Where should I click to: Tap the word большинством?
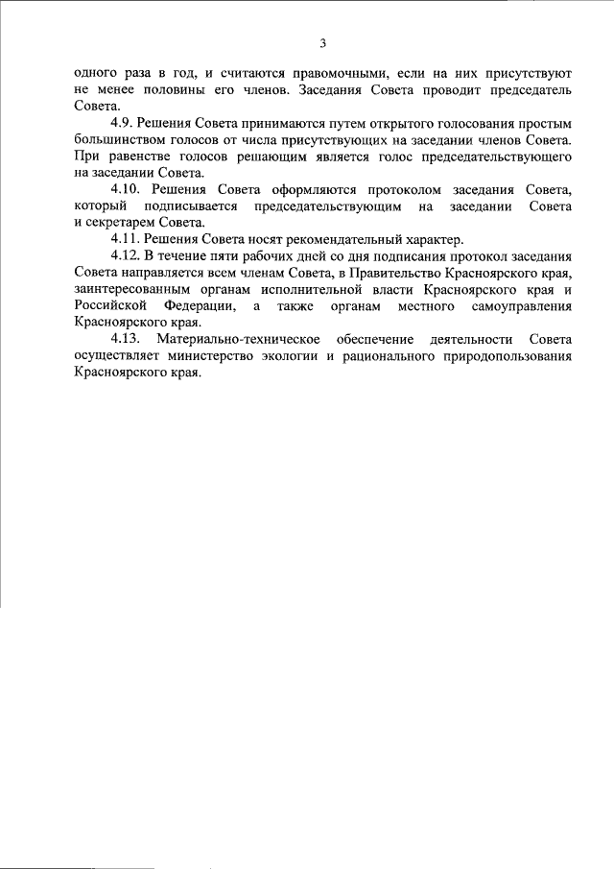(x=122, y=140)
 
